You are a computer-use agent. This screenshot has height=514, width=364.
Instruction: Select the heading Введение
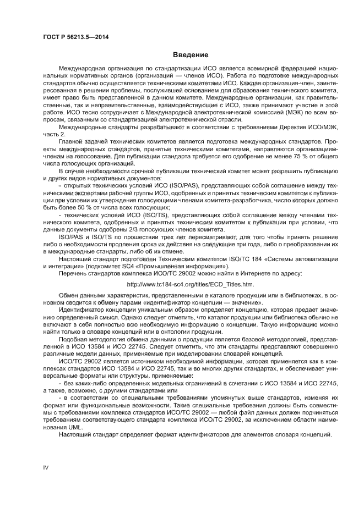click(191, 55)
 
